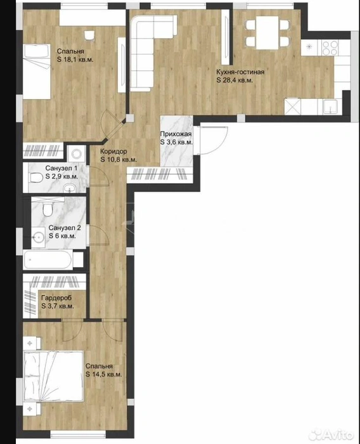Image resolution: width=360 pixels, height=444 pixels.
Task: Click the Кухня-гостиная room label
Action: tap(240, 72)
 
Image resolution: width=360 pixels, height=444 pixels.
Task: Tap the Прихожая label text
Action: tap(176, 134)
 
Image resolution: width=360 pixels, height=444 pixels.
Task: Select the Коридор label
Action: tap(113, 152)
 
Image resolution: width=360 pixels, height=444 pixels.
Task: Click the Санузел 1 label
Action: tap(61, 168)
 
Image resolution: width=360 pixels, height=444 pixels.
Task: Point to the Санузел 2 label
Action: tap(65, 228)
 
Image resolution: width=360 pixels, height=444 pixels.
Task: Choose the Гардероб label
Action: tap(56, 298)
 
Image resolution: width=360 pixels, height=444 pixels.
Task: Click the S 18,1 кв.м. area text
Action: tap(75, 60)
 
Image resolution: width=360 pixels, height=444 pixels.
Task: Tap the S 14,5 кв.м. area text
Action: tap(104, 374)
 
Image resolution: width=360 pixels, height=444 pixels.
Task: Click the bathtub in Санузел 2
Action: tap(48, 259)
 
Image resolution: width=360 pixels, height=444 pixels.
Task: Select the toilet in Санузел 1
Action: tap(36, 178)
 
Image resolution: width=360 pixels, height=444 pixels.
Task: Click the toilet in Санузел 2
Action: tap(48, 209)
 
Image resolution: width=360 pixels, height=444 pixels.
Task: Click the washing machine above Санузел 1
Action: tap(77, 153)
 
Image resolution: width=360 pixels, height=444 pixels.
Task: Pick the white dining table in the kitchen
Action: tap(267, 32)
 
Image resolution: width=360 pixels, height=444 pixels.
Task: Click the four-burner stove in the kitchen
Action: tap(330, 48)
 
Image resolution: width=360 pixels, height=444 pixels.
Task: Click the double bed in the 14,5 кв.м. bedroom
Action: tap(53, 376)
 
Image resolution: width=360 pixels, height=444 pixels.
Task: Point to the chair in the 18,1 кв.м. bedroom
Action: tap(89, 36)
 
